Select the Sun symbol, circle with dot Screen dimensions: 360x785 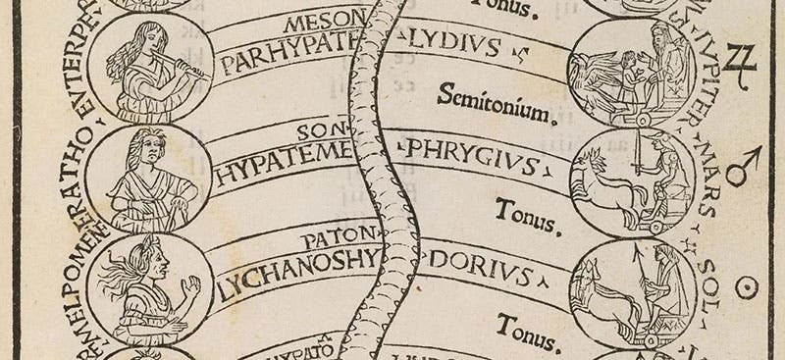click(x=753, y=286)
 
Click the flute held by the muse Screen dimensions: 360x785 click(x=186, y=70)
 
